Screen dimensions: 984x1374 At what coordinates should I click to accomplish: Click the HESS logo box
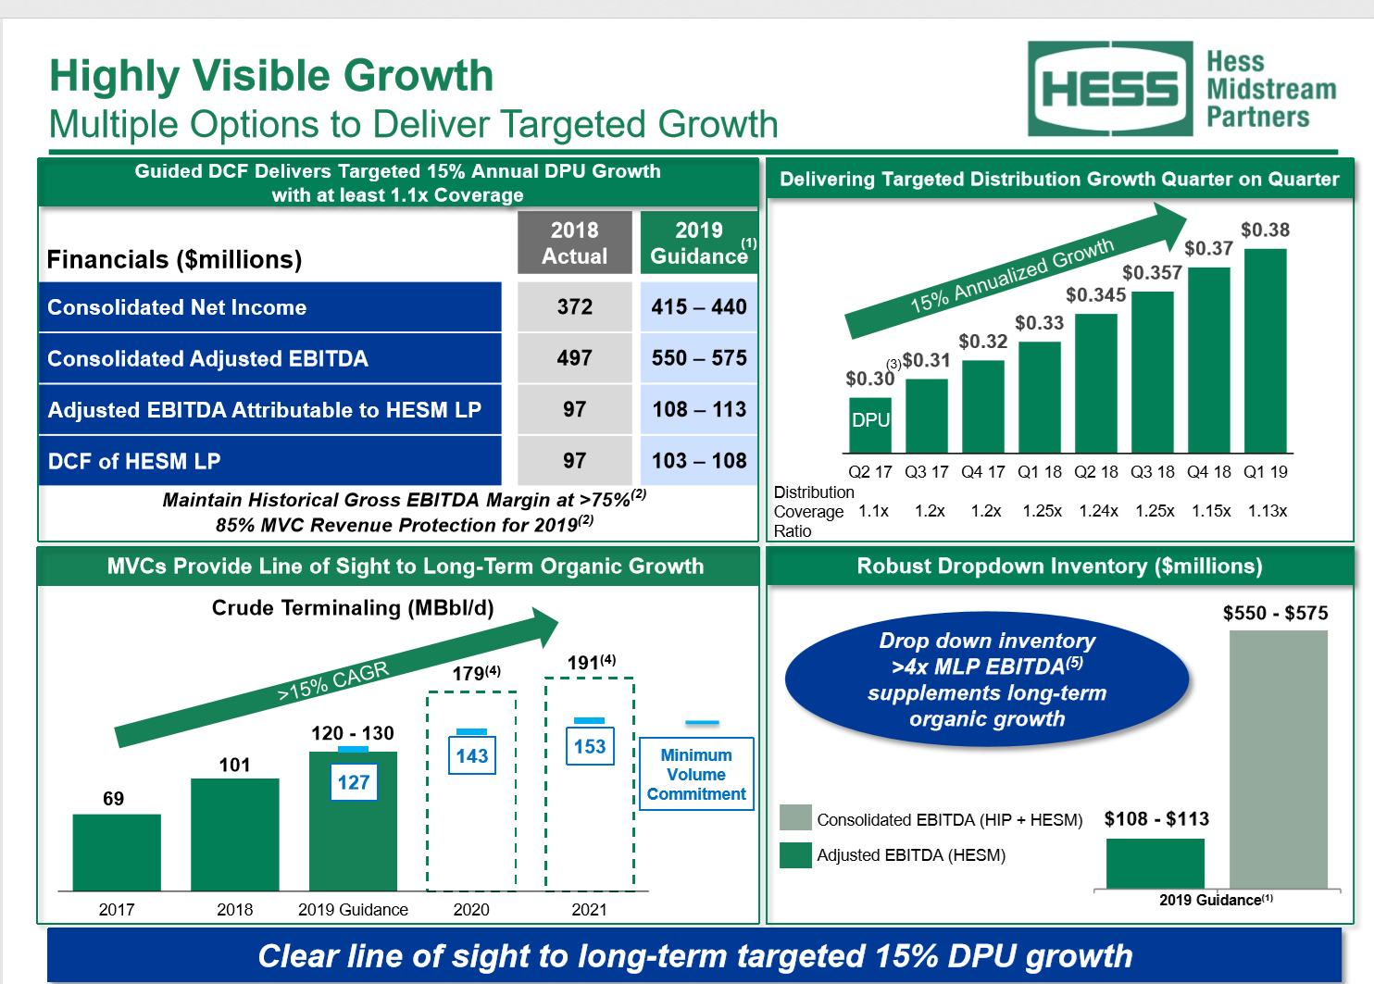click(x=1110, y=89)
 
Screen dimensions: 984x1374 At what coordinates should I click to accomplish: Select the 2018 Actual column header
click(x=574, y=243)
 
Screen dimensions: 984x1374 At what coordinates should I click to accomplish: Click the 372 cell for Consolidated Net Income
click(x=574, y=307)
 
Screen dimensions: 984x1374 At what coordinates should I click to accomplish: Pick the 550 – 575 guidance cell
click(x=699, y=358)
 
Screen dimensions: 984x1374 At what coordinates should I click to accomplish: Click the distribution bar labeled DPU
click(x=870, y=424)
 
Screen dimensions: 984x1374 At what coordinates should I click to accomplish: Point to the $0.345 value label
click(x=1095, y=295)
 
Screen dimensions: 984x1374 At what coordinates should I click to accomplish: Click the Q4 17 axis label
click(x=982, y=472)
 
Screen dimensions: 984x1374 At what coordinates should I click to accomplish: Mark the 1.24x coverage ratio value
click(x=1098, y=511)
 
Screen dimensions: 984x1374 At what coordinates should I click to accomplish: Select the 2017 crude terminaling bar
click(x=117, y=852)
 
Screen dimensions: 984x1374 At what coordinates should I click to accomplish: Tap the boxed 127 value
click(x=354, y=782)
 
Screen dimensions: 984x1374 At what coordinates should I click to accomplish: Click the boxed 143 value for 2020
click(x=471, y=755)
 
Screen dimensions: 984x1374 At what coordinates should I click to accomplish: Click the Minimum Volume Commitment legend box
click(x=696, y=774)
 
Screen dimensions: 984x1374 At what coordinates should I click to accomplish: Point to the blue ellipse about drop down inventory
click(x=987, y=679)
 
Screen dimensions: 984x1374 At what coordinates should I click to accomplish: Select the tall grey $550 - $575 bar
click(x=1278, y=759)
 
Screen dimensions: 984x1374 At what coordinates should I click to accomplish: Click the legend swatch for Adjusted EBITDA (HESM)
click(x=795, y=855)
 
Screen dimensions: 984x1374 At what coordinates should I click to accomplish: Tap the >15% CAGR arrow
click(x=333, y=680)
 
